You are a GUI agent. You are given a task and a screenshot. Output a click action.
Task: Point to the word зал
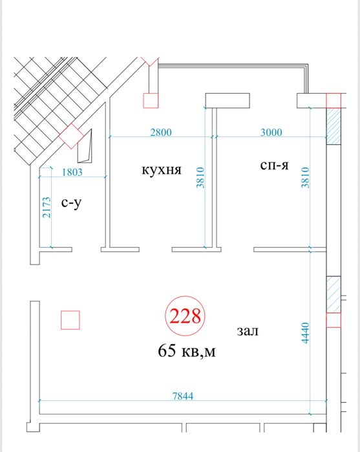click(248, 332)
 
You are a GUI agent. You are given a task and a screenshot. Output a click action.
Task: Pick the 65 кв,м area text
click(187, 352)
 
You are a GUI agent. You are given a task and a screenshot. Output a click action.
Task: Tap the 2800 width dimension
click(160, 133)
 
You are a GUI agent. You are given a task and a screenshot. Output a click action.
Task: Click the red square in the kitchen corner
click(150, 100)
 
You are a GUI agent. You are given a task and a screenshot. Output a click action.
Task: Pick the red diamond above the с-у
click(70, 136)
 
